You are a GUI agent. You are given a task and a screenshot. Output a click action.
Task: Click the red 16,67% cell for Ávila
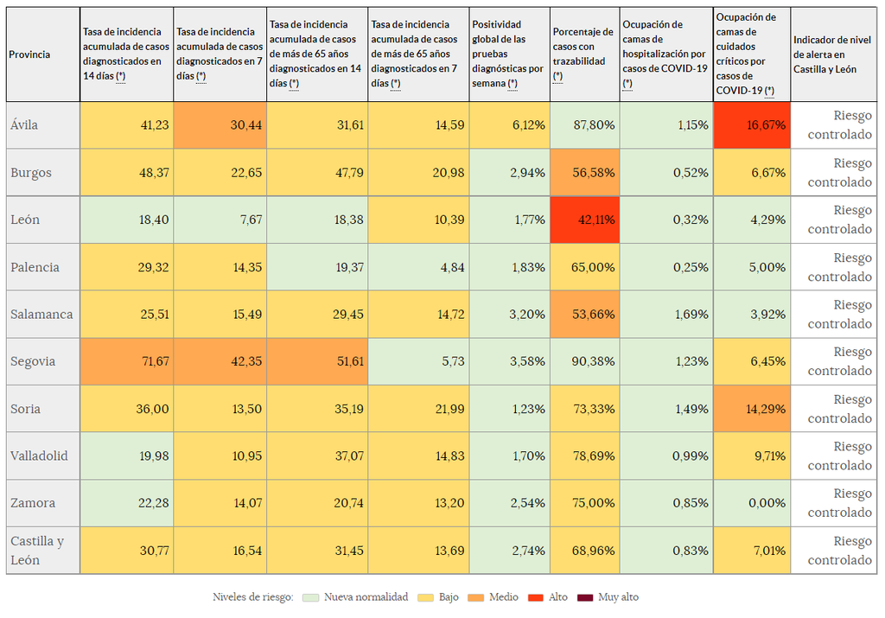coord(752,124)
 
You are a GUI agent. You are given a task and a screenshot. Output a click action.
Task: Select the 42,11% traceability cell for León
coord(584,220)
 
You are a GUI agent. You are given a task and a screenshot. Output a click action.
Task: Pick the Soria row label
coord(26,409)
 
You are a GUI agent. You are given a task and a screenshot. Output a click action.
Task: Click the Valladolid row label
coord(39,456)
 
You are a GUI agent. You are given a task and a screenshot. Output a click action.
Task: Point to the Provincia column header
coord(29,54)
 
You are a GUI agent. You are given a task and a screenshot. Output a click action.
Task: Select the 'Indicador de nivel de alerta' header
coord(833,54)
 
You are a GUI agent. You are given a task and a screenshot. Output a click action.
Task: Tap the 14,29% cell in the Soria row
coord(752,409)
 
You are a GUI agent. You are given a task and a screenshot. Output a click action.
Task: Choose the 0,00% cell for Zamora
coord(752,503)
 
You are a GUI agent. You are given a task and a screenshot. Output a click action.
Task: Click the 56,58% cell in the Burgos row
coord(584,172)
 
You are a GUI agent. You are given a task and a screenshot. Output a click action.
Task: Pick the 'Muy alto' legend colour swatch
coord(585,597)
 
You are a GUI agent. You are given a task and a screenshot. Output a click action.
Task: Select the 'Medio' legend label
coord(504,597)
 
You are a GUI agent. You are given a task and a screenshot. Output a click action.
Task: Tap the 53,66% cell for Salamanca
coord(584,314)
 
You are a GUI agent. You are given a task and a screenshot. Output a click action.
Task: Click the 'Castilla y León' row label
coord(37,551)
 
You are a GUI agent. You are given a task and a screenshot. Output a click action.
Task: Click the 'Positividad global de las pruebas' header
coord(508,54)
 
